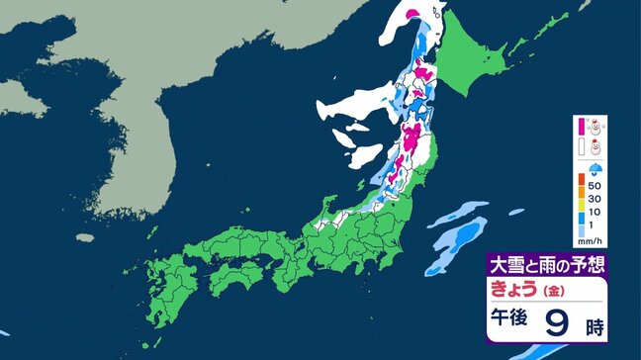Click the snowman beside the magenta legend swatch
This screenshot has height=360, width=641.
coord(595,126)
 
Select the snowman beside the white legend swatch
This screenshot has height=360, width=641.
coord(595,147)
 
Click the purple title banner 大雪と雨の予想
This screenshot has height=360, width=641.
coord(545,265)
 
